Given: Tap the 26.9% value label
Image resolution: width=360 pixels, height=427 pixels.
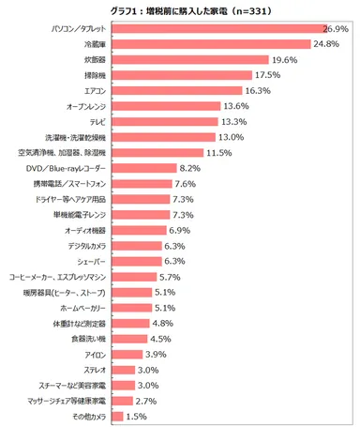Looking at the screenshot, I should pyautogui.click(x=338, y=29).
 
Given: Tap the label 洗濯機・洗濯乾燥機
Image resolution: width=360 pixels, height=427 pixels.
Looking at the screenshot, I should pyautogui.click(x=79, y=137).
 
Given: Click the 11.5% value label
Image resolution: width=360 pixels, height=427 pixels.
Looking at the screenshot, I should pyautogui.click(x=218, y=152).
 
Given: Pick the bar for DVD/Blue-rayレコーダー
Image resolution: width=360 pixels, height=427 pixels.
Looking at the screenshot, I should pyautogui.click(x=143, y=168).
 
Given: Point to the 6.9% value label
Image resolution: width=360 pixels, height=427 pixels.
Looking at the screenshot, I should pyautogui.click(x=180, y=229).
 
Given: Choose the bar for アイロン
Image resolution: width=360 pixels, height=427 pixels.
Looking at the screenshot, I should pyautogui.click(x=127, y=354).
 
